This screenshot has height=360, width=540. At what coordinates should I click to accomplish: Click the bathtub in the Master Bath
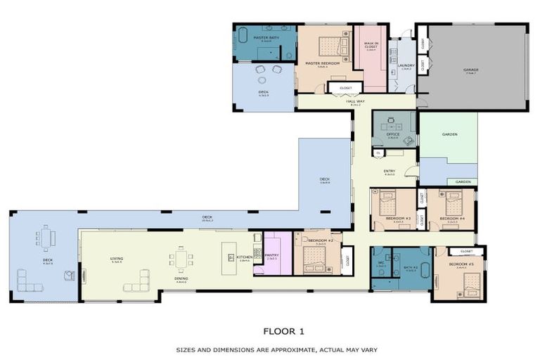[243, 35]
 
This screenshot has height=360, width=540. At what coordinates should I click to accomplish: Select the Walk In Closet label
[370, 45]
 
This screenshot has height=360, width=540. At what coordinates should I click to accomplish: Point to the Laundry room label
[406, 67]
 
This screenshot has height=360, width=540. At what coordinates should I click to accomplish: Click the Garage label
[470, 70]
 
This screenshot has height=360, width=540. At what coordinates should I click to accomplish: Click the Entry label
[389, 171]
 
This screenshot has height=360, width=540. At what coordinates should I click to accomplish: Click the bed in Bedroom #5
[468, 285]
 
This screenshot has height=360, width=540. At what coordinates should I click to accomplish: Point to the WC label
[380, 266]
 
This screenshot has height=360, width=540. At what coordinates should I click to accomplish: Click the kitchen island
[229, 259]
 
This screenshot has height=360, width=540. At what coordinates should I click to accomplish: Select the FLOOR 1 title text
[284, 330]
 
